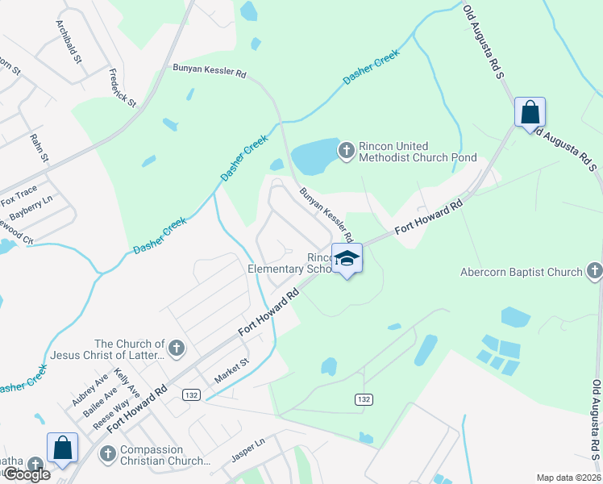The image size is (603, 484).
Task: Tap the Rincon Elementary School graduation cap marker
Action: click(347, 258)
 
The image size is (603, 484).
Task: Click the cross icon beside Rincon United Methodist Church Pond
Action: click(347, 150)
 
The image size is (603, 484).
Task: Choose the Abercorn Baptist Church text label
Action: click(521, 272)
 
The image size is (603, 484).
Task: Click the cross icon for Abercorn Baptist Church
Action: click(594, 271)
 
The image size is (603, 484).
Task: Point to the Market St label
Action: click(232, 371)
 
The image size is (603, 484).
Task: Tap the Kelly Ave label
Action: click(127, 382)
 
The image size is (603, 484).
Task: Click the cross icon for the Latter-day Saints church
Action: click(177, 348)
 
